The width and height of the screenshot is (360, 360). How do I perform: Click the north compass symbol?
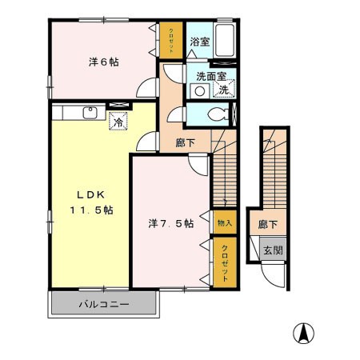click(303, 333)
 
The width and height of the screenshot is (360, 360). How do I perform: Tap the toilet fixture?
click(218, 115)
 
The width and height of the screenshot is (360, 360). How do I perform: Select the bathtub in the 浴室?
click(225, 40)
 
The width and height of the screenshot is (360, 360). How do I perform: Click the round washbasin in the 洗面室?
click(200, 91)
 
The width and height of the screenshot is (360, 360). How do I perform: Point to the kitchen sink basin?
click(90, 113)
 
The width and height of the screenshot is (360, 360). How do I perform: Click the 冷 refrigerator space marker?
click(118, 121)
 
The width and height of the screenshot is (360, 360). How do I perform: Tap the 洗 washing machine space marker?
click(224, 89)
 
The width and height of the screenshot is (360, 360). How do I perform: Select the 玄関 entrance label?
click(273, 250)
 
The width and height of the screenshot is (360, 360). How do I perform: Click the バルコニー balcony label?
click(104, 304)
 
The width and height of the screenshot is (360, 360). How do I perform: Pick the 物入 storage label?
click(225, 223)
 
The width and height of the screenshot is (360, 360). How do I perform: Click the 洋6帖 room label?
click(104, 62)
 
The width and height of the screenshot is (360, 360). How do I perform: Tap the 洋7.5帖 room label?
click(171, 223)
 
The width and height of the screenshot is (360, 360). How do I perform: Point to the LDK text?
click(91, 195)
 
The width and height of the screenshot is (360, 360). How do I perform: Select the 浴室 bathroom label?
click(200, 42)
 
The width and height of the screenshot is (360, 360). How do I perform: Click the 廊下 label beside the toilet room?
click(185, 143)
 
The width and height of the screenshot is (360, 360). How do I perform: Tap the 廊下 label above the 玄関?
click(268, 224)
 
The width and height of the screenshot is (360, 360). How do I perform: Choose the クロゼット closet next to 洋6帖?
click(171, 40)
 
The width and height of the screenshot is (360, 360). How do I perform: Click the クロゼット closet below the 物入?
click(225, 262)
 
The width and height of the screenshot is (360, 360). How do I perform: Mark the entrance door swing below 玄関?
click(273, 276)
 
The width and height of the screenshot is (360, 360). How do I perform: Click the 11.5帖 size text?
click(92, 210)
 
